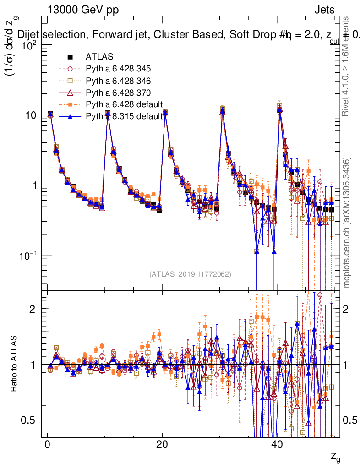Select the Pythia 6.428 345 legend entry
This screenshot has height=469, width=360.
pos(118,69)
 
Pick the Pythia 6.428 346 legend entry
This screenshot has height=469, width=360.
pos(118,81)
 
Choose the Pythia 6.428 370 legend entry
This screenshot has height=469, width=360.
pos(118,93)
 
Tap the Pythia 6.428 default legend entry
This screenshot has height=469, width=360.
pos(124,104)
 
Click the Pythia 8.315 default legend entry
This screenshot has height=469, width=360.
pos(124,116)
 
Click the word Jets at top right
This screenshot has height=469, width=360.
pos(324,10)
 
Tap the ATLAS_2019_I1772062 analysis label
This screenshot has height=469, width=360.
pos(190,274)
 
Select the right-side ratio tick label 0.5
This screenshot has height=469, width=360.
pos(350,420)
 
